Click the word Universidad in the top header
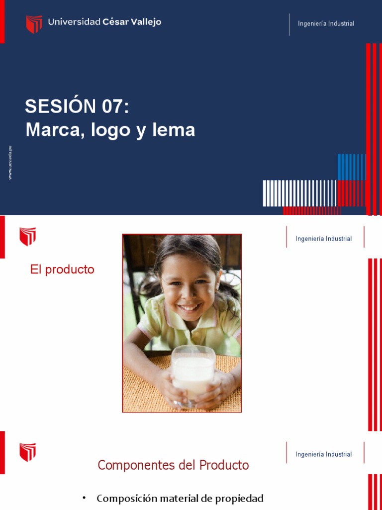[74, 22]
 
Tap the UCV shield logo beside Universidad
[34, 24]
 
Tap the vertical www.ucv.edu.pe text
[10, 163]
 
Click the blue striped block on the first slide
[352, 167]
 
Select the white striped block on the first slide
[300, 193]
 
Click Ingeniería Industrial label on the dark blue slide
[326, 24]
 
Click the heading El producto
[62, 269]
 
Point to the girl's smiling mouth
[189, 307]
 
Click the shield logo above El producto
[27, 237]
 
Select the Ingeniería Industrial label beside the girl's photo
[323, 239]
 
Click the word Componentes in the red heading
[128, 465]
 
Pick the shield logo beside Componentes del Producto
[27, 452]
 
